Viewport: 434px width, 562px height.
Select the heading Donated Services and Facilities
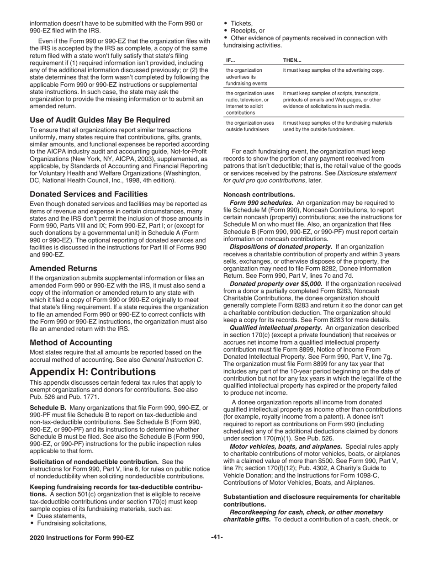click(x=89, y=194)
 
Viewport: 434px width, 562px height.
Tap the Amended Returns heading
click(x=64, y=268)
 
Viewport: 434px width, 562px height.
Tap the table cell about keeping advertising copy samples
click(x=333, y=70)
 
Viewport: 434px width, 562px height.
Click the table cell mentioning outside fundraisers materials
click(x=337, y=126)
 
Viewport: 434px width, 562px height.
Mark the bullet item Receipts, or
click(x=247, y=31)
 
